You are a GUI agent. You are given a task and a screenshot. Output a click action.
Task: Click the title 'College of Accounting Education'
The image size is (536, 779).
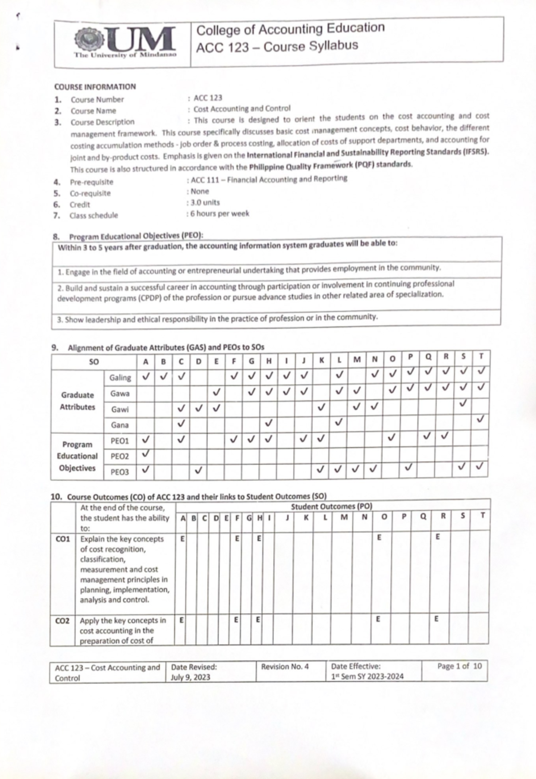290,29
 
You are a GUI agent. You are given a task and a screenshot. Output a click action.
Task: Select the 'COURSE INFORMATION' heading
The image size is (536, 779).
95,87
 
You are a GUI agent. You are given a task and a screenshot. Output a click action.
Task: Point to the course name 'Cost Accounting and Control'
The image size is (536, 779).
242,109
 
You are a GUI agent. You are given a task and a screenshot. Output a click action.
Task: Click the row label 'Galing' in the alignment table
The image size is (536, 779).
120,378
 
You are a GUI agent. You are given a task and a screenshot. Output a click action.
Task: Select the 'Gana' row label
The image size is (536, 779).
120,425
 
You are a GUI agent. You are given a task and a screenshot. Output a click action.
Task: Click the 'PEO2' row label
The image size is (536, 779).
120,456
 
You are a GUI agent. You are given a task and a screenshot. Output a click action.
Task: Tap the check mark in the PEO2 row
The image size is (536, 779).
146,454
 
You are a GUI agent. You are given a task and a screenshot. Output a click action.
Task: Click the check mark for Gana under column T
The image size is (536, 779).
480,419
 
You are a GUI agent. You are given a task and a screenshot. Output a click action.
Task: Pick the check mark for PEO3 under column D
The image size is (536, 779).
199,470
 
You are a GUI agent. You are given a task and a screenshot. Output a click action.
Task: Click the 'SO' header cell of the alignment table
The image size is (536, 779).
94,362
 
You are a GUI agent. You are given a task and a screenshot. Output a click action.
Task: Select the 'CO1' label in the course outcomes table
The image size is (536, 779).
63,539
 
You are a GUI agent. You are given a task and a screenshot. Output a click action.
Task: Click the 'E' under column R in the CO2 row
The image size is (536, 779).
436,619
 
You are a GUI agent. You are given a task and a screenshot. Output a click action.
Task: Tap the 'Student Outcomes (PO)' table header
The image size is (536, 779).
331,506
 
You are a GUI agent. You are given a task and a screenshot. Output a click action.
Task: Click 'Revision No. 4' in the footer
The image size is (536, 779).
285,666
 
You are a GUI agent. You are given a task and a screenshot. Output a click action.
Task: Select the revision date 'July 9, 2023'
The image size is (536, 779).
190,677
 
